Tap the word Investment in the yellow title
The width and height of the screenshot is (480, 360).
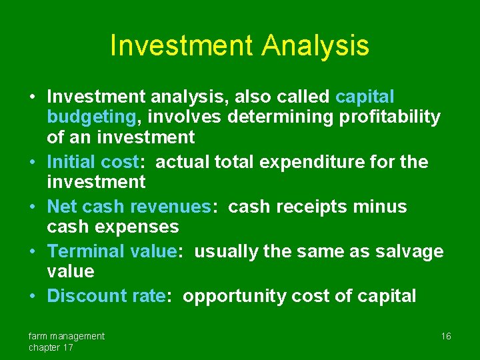pyautogui.click(x=181, y=45)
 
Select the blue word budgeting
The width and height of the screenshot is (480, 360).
pyautogui.click(x=91, y=117)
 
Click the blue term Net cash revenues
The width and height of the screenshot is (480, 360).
pyautogui.click(x=129, y=207)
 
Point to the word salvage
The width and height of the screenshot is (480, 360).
pyautogui.click(x=409, y=251)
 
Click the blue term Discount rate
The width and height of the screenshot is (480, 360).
pyautogui.click(x=106, y=296)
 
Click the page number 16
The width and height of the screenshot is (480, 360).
pyautogui.click(x=446, y=336)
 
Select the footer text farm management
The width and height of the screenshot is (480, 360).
pyautogui.click(x=66, y=336)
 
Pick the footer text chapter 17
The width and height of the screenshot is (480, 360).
pyautogui.click(x=51, y=347)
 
